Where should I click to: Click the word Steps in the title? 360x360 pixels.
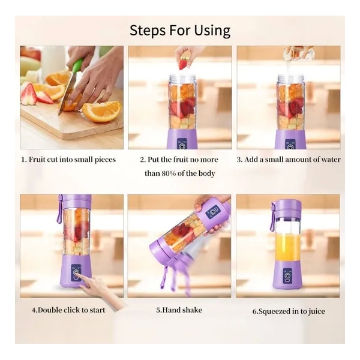[x=147, y=31]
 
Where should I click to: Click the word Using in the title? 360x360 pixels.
[x=212, y=31]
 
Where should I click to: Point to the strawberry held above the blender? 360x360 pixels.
[x=183, y=64]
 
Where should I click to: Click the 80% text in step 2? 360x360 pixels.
[x=169, y=173]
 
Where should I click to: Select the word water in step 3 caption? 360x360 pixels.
[x=329, y=160]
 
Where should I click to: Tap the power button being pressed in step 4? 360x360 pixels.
[x=76, y=273]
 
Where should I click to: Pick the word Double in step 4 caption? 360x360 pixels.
[x=50, y=310]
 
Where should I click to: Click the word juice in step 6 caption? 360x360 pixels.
[x=316, y=311]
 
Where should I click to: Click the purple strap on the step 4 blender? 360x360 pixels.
[x=59, y=209]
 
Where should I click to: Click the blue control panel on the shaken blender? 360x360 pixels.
[x=212, y=211]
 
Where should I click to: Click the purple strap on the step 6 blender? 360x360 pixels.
[x=273, y=216]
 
